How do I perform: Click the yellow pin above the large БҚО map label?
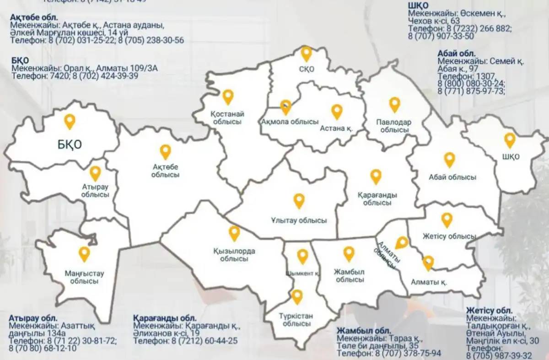click(70, 121)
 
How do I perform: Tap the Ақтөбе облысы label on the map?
click(166, 170)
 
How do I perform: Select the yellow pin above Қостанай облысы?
click(228, 97)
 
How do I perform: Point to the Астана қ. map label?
click(337, 128)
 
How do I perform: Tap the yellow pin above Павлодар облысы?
click(394, 104)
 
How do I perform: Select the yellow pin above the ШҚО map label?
click(510, 140)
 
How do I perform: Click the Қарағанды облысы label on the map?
click(377, 199)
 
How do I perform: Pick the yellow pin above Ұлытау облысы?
click(299, 201)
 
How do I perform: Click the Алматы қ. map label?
click(429, 282)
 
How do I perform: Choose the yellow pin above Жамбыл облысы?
click(349, 253)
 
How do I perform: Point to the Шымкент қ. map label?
click(302, 273)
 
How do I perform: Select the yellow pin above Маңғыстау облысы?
click(84, 254)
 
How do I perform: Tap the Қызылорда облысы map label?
click(234, 255)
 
